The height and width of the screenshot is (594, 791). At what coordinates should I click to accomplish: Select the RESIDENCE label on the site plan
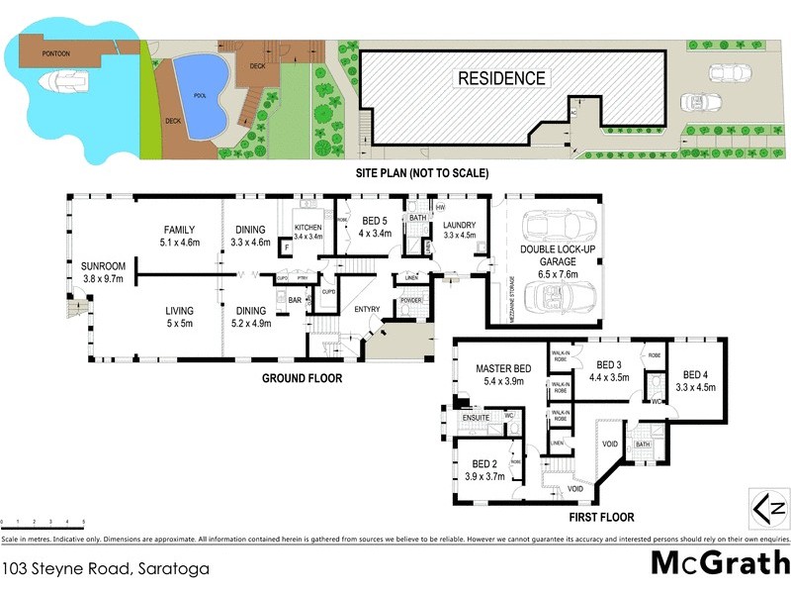tap(500, 78)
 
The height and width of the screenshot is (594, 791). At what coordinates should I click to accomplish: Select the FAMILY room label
tap(179, 230)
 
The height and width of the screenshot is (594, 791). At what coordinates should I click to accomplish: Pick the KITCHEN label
tap(309, 229)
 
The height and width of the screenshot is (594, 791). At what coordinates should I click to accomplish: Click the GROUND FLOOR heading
tap(302, 378)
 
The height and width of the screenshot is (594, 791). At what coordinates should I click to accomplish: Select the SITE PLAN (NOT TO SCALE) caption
tap(422, 172)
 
